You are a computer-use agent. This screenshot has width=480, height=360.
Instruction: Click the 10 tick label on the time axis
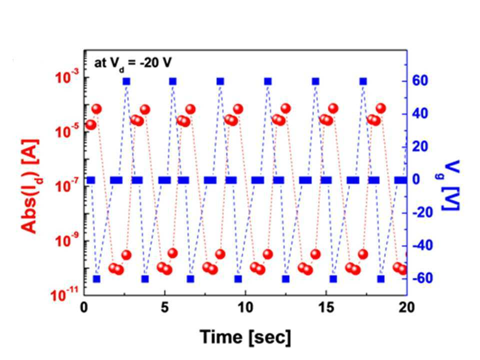(x=245, y=307)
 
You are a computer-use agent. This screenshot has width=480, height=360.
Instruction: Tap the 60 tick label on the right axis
(x=420, y=81)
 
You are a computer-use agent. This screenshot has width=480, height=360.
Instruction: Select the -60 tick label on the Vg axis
(x=423, y=278)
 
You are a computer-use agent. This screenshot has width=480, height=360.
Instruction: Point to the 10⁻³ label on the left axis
(x=67, y=76)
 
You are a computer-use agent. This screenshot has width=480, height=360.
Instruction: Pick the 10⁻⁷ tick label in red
(x=67, y=184)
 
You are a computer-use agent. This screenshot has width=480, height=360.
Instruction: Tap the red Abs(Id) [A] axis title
(x=30, y=186)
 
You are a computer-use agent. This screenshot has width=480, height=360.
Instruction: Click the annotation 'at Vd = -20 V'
(x=133, y=63)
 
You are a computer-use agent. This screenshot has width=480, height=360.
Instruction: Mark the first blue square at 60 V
(x=126, y=81)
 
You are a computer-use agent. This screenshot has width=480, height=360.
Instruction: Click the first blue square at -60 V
(x=96, y=279)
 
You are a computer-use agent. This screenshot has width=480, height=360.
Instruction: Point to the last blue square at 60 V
(x=363, y=81)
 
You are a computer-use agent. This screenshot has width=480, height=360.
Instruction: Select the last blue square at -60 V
(x=381, y=279)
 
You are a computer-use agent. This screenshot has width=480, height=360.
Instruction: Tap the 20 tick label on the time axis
(x=407, y=307)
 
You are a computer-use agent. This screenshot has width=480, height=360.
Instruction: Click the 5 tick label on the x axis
(x=165, y=307)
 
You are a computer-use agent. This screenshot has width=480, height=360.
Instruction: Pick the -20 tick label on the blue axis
(x=423, y=213)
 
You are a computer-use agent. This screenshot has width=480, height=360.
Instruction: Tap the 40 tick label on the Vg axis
(x=420, y=114)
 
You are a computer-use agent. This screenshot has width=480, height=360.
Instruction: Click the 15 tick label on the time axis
(x=326, y=307)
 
